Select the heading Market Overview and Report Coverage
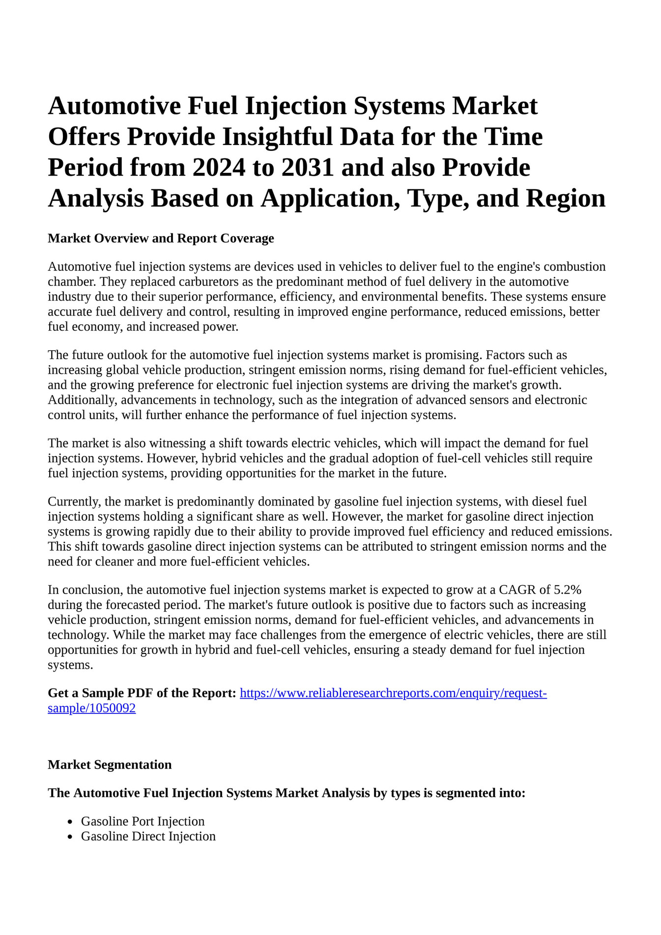click(161, 238)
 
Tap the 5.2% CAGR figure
click(567, 590)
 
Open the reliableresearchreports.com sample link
click(393, 693)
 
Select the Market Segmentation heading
click(110, 765)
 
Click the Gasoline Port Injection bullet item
click(143, 821)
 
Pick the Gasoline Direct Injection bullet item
click(148, 836)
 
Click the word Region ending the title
click(565, 198)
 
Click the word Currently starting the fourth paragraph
click(74, 502)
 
